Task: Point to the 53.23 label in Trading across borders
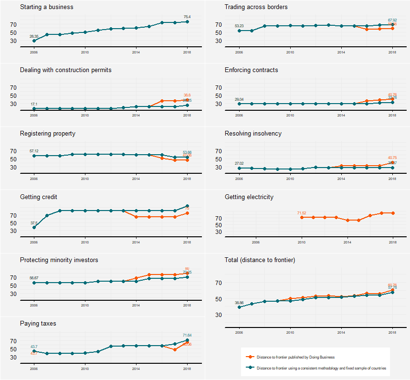coord(239,26)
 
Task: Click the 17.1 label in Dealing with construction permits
coord(34,104)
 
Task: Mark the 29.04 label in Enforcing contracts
coord(239,99)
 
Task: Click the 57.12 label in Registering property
coord(34,151)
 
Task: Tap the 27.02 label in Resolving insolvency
coord(239,163)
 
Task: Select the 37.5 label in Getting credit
coord(34,223)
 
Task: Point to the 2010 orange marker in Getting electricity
coord(302,217)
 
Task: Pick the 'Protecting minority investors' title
coord(59,260)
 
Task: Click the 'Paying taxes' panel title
coord(38,324)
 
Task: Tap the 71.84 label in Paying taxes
coord(187,335)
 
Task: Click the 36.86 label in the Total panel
coord(239,303)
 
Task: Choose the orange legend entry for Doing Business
coord(295,357)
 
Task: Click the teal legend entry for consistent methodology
coord(321,368)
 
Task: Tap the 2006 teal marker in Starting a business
coord(34,41)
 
